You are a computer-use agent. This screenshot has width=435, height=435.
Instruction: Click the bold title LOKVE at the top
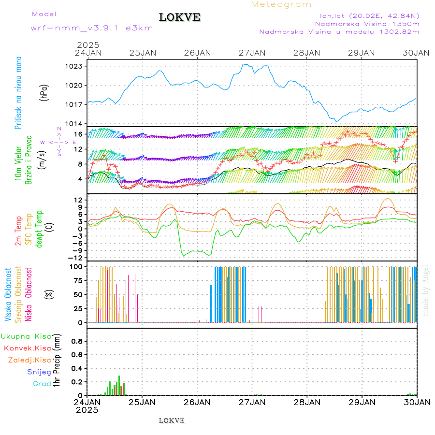[179, 17]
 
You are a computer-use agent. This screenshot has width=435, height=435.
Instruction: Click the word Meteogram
[281, 4]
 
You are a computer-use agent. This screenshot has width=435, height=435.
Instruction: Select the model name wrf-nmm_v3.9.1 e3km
[91, 28]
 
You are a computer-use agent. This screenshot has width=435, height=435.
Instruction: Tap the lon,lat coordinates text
[366, 15]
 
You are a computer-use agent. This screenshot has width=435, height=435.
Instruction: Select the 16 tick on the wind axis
[78, 134]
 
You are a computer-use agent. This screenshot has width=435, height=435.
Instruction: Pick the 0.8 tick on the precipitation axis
[76, 341]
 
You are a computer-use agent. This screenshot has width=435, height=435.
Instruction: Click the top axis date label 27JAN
[252, 53]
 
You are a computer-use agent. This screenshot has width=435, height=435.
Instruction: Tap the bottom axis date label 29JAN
[362, 402]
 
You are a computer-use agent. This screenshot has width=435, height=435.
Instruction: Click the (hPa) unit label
[44, 92]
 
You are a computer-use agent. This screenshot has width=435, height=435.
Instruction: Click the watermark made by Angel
[426, 290]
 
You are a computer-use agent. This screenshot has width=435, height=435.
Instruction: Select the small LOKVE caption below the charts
[172, 420]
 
